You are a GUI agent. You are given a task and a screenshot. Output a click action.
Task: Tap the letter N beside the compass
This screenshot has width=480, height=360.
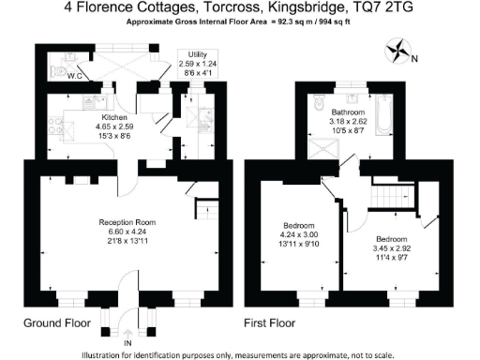(414, 59)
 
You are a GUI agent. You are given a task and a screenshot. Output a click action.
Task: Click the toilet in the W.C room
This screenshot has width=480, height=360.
(60, 68)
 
